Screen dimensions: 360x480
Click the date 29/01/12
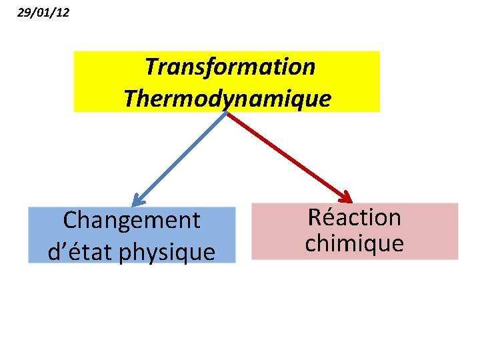(43, 11)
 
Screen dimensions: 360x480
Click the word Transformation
(230, 67)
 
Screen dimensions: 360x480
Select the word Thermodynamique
(227, 99)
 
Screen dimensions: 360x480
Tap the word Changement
(131, 220)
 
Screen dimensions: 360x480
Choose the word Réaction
(354, 217)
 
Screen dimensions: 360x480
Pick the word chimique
(354, 243)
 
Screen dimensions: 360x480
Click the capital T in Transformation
(151, 67)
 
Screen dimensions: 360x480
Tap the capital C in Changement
(69, 220)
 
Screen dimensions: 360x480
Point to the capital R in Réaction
(315, 217)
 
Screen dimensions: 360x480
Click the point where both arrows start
(227, 113)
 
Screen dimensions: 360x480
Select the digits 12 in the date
(62, 11)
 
